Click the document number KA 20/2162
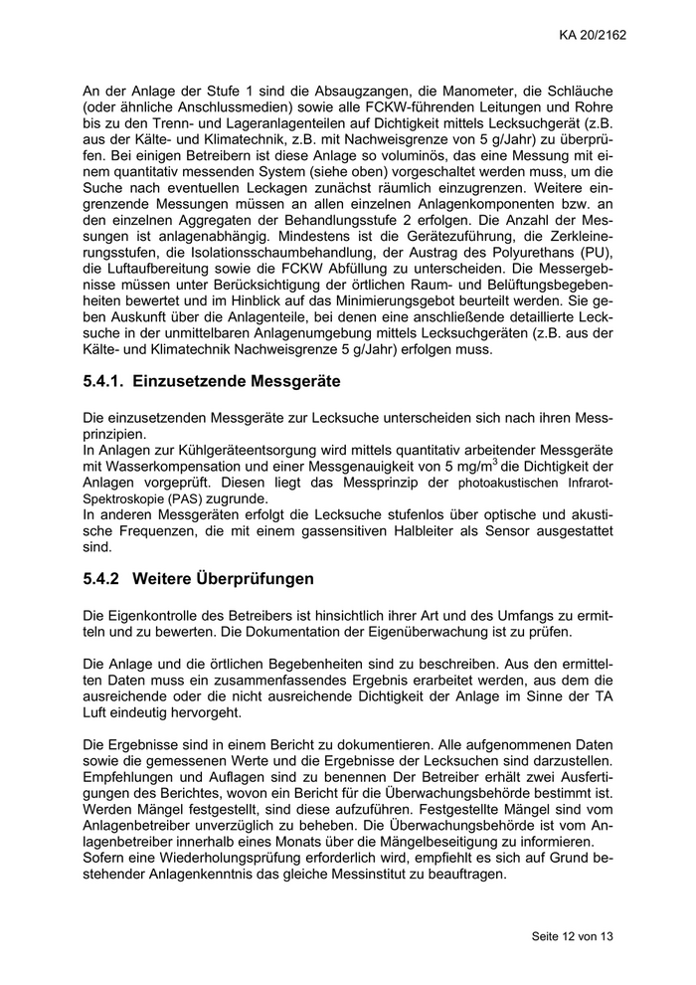click(593, 37)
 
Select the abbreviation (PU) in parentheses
click(597, 251)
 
